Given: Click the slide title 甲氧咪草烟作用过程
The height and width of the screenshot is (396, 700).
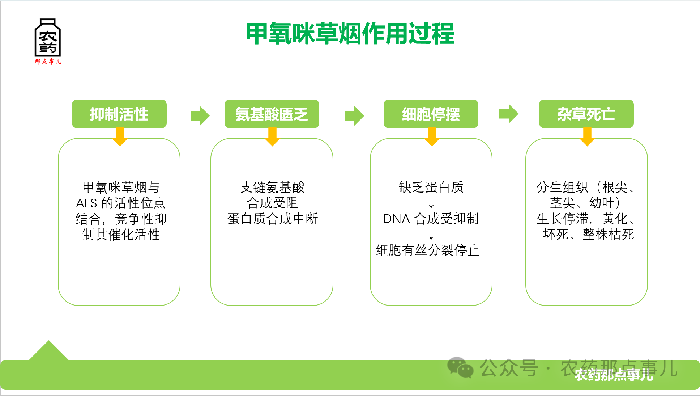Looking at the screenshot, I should [350, 34].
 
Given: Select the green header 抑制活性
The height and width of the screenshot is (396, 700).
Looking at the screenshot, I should [119, 114].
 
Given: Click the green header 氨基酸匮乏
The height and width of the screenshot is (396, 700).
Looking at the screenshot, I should [272, 114].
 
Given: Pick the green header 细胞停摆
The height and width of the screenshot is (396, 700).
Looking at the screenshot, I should [431, 114].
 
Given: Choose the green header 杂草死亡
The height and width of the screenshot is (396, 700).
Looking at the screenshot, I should [586, 114].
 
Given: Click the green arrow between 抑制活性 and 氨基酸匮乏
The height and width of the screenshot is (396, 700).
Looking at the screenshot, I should [200, 116].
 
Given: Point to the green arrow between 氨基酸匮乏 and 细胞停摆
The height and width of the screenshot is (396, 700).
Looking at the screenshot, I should [354, 116].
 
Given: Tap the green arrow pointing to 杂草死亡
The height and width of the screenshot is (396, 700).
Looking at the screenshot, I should [509, 114].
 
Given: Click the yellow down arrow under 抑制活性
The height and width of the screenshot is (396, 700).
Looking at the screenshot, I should [120, 137].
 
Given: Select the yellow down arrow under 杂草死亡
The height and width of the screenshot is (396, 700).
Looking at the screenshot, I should [587, 137].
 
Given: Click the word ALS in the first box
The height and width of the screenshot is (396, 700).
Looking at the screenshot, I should [86, 203].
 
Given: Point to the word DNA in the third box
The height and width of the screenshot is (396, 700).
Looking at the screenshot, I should [396, 219].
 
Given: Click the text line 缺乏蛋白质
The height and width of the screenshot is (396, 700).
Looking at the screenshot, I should [431, 188].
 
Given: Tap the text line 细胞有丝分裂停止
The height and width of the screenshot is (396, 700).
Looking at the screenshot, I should [428, 250].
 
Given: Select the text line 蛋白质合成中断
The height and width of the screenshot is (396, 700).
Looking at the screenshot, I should [273, 219].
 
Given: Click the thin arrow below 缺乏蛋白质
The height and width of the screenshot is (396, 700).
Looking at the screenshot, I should [431, 202].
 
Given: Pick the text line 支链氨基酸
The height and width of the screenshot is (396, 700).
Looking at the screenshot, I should [273, 188].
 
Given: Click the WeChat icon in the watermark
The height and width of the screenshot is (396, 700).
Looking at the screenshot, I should [460, 368].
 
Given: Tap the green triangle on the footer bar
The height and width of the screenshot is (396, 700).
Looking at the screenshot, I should [49, 351].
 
